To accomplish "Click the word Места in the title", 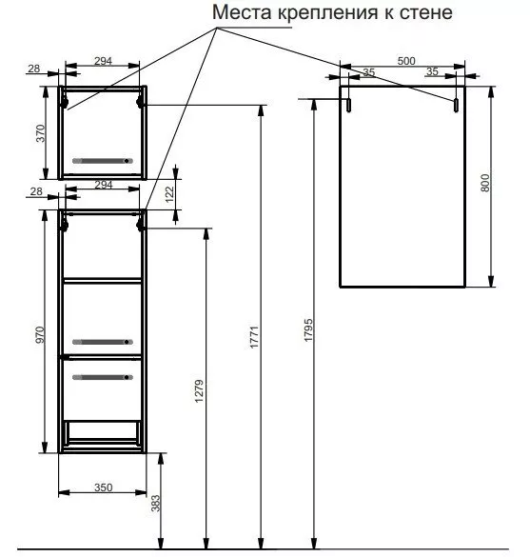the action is click(x=242, y=12).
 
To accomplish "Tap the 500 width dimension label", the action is click(x=406, y=61).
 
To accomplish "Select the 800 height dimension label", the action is click(x=485, y=183).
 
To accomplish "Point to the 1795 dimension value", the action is click(x=308, y=330).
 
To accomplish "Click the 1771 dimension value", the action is click(x=254, y=337).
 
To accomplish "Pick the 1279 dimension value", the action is click(x=199, y=391).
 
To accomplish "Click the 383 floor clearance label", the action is click(x=155, y=504).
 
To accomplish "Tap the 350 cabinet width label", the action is click(x=104, y=487).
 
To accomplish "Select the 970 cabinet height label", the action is click(x=41, y=334).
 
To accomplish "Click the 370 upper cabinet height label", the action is click(x=41, y=133).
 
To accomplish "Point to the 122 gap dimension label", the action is click(x=170, y=194).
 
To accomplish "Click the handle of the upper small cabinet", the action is click(x=103, y=161).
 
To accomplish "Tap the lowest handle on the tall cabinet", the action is click(x=103, y=377).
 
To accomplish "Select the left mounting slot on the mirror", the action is click(x=349, y=105).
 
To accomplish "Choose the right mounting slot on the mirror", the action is click(x=456, y=105).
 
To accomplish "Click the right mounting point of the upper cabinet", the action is click(x=140, y=103).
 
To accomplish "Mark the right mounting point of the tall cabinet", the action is click(x=140, y=225).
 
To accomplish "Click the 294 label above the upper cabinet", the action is click(x=104, y=61).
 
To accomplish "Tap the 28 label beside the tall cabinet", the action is click(x=36, y=191).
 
